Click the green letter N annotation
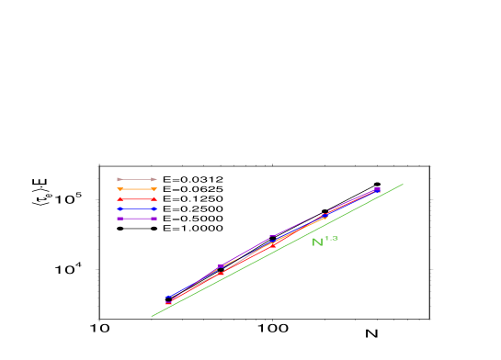317,242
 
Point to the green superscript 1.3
331,239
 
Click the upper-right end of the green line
403,184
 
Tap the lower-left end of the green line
152,317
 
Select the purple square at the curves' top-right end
378,189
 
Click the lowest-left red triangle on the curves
168,303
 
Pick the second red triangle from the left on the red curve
221,273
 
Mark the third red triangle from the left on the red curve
273,245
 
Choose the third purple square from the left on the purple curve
272,237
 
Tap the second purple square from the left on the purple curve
220,266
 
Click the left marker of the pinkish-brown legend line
119,179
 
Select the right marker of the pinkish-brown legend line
154,179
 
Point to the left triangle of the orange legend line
119,189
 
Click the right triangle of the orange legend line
154,189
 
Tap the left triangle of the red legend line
119,199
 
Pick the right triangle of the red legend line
154,199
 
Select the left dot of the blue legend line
119,209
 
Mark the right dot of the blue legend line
154,209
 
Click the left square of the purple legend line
119,219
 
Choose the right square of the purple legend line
154,219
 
